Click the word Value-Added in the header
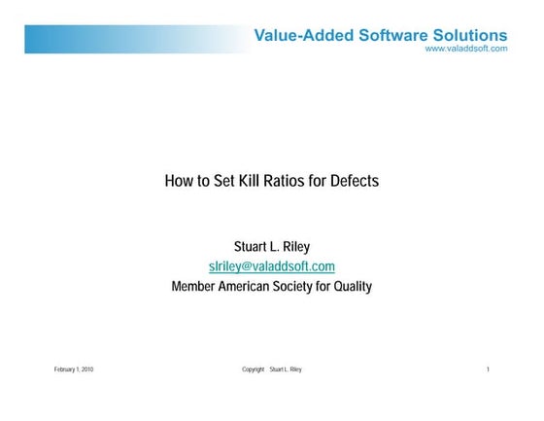294,36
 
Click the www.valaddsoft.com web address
466,49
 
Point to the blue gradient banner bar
126,39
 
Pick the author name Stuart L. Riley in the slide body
271,246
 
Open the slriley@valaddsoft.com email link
271,266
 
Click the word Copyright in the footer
253,369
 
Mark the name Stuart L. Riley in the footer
286,369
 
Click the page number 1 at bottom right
488,369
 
